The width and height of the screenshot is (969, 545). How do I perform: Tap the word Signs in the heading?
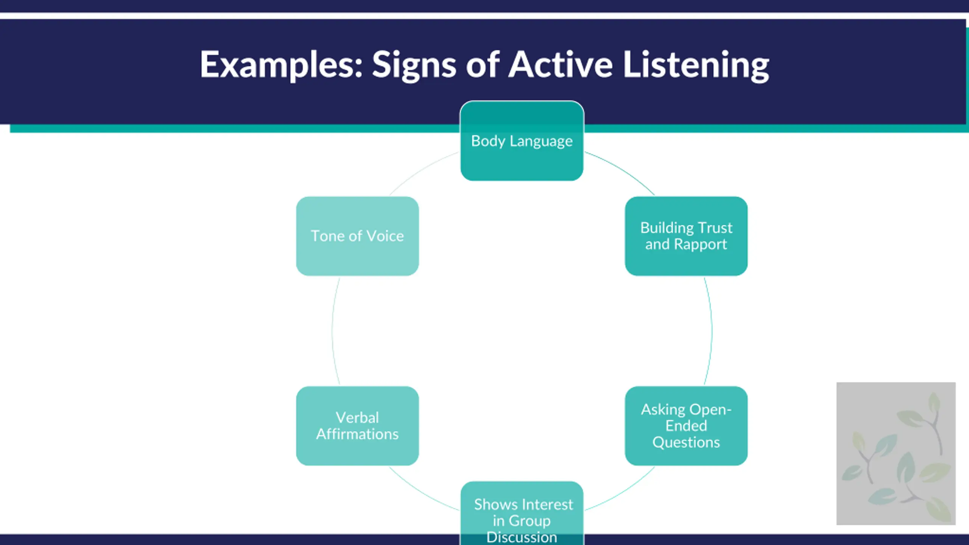click(414, 65)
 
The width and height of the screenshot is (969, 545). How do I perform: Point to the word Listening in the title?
click(696, 65)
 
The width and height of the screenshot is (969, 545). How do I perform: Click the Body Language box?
click(522, 141)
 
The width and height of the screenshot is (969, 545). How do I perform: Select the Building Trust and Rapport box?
click(686, 236)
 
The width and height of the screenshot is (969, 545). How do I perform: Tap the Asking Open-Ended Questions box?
click(686, 425)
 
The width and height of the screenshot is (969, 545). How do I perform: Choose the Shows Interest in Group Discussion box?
click(522, 513)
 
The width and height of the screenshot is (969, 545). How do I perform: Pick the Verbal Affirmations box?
click(357, 425)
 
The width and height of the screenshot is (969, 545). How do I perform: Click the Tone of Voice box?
click(357, 236)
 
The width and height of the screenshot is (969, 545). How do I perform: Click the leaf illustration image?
click(896, 453)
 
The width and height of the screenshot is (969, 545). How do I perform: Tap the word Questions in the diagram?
click(686, 442)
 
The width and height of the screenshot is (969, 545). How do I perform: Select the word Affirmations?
click(357, 434)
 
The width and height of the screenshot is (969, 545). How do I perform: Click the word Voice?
click(385, 236)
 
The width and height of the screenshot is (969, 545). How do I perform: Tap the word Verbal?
click(357, 417)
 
